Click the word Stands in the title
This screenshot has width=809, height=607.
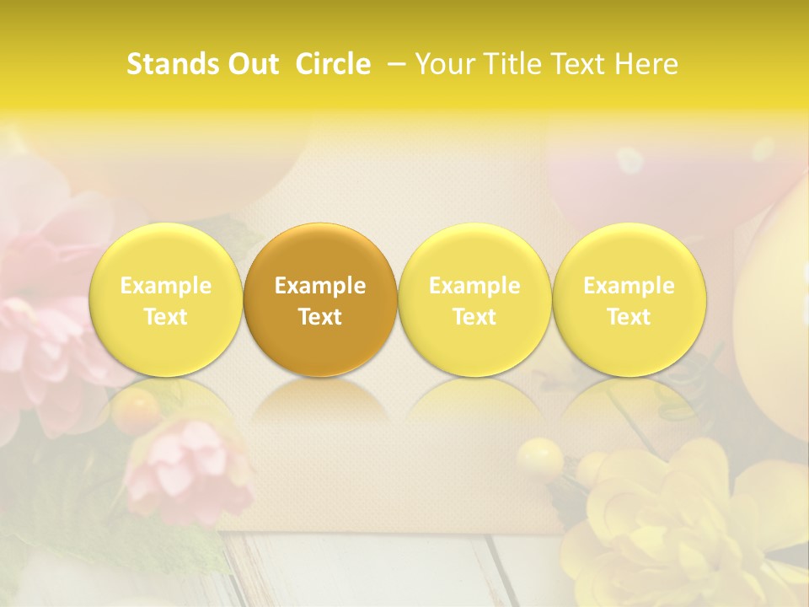pos(169,64)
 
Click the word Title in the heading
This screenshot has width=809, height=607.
pos(508,64)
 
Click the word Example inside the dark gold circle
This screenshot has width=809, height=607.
pos(320,286)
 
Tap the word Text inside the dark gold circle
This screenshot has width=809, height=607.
pos(320,317)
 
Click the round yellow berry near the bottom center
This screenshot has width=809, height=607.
pos(539,460)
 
